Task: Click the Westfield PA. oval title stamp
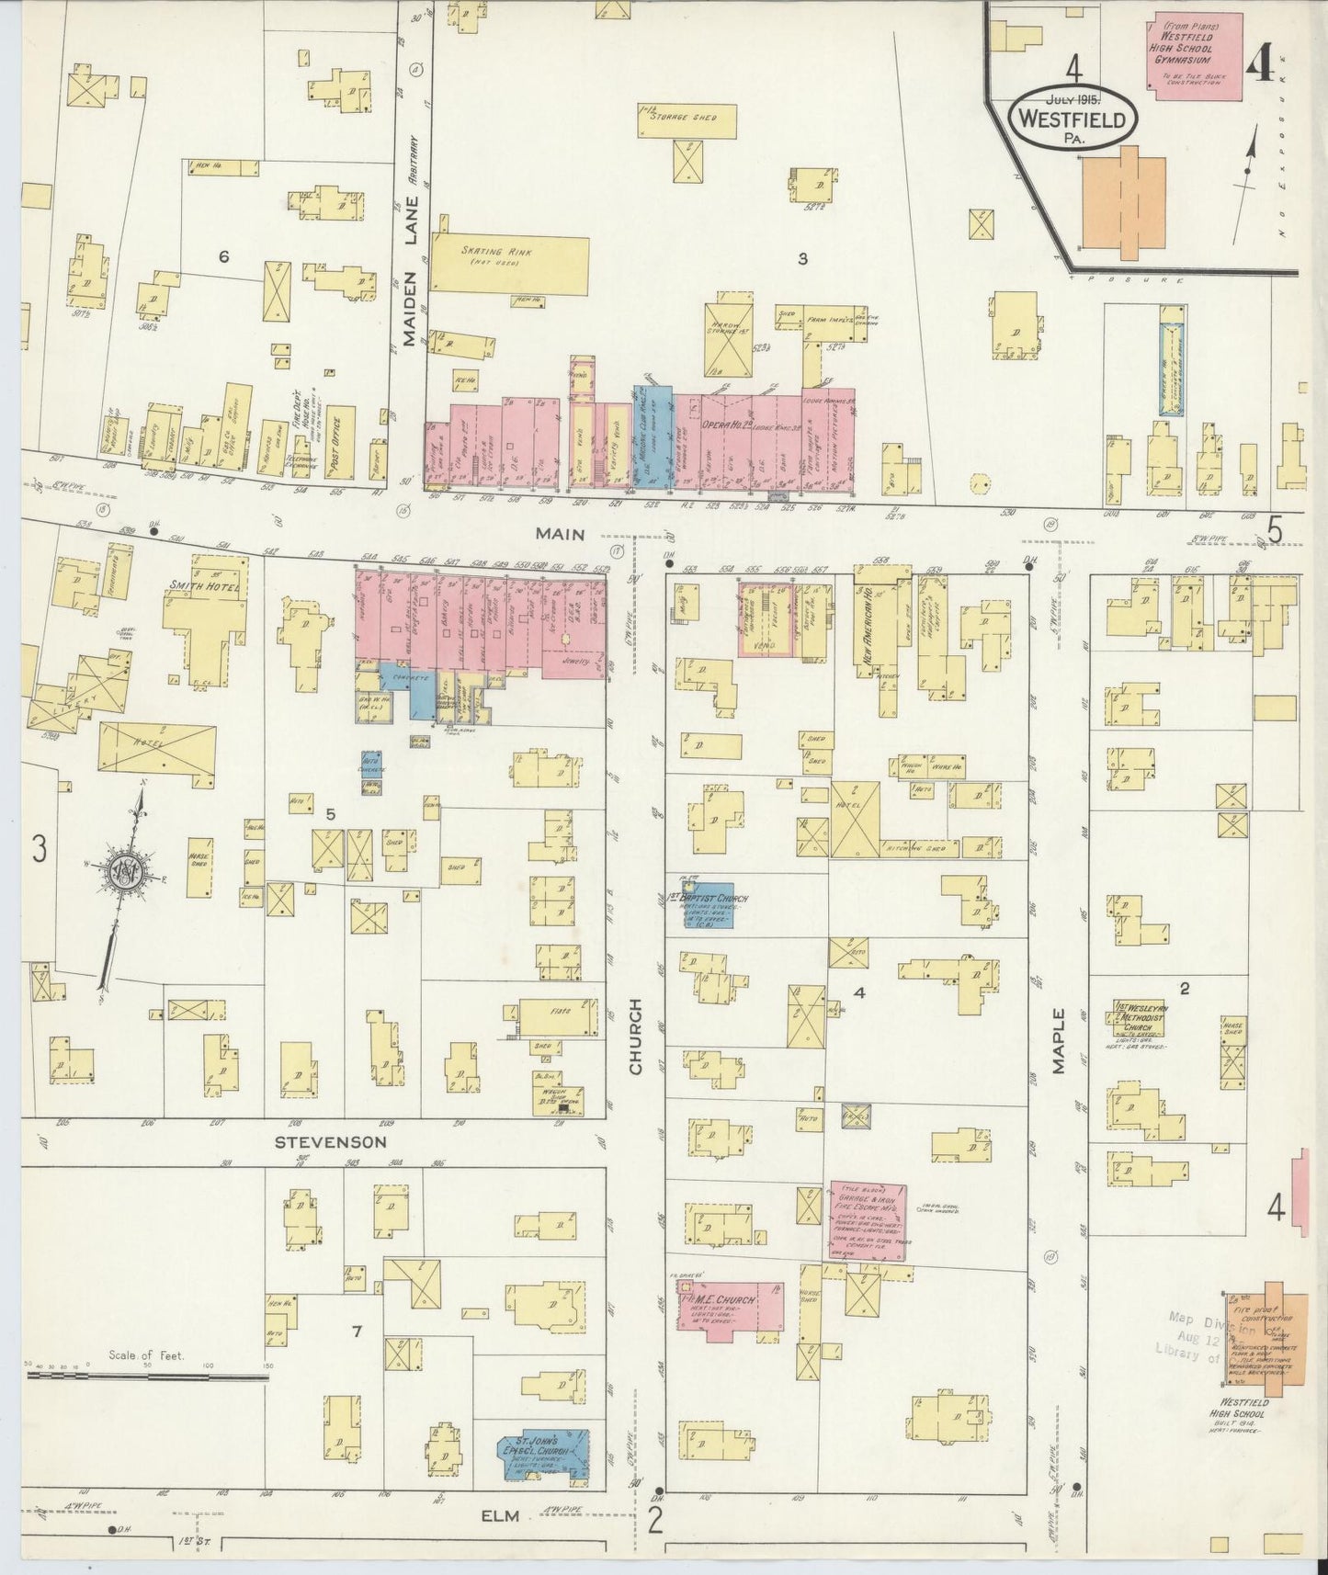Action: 1072,119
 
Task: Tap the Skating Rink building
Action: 510,264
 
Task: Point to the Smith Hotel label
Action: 203,585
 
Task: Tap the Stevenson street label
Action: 330,1142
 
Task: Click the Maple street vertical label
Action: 1058,1040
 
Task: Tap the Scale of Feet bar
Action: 147,1376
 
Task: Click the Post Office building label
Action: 339,442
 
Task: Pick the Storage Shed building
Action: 687,120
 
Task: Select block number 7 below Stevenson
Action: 357,1331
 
